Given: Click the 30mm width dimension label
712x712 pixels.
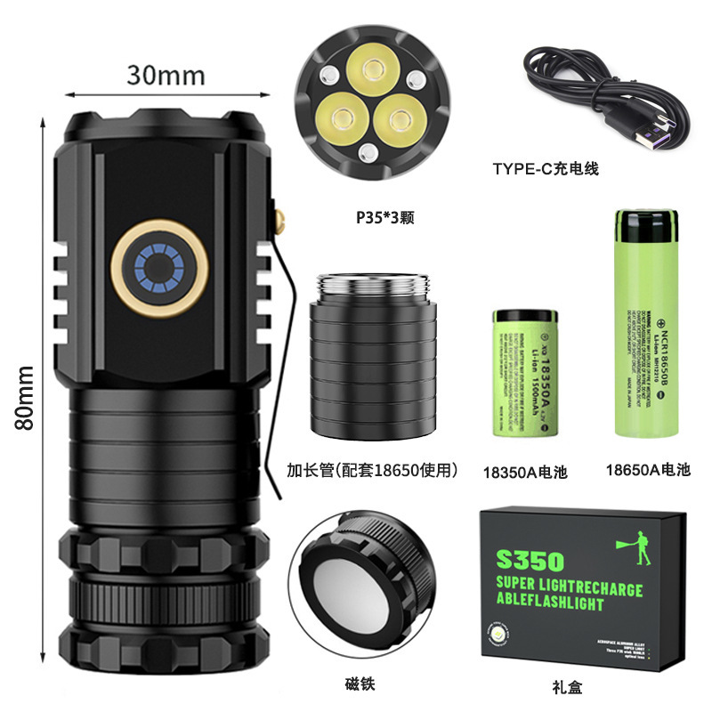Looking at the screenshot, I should point(166,74).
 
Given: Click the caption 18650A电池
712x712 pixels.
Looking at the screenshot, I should point(647,469).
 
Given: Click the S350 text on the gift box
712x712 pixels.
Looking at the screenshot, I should point(531,561).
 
